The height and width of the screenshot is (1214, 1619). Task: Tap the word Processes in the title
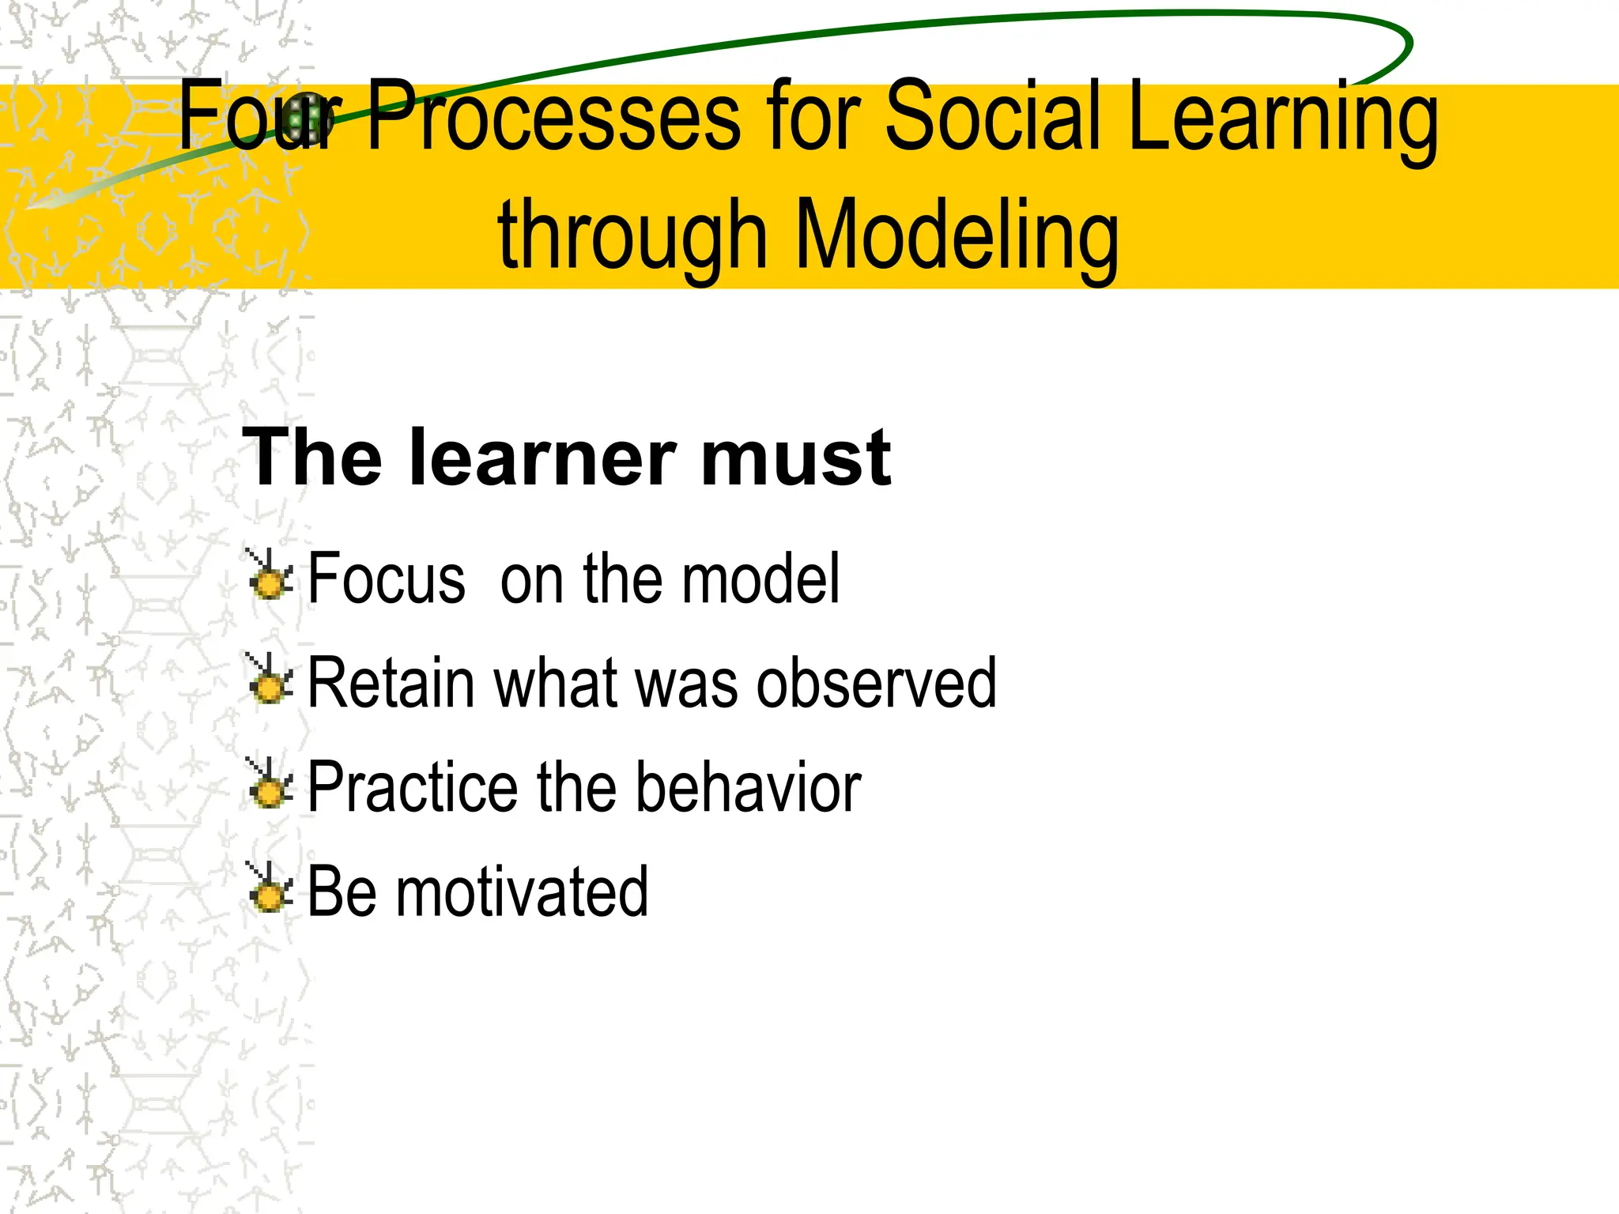(x=553, y=117)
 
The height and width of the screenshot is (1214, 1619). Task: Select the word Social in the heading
(x=992, y=117)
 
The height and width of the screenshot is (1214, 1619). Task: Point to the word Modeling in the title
(x=957, y=236)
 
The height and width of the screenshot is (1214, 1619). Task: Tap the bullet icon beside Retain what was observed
(x=269, y=681)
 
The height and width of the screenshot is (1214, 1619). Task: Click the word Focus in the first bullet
(x=387, y=579)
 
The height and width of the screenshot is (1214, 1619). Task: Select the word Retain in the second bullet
(x=392, y=683)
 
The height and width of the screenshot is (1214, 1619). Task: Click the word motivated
(x=522, y=892)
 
